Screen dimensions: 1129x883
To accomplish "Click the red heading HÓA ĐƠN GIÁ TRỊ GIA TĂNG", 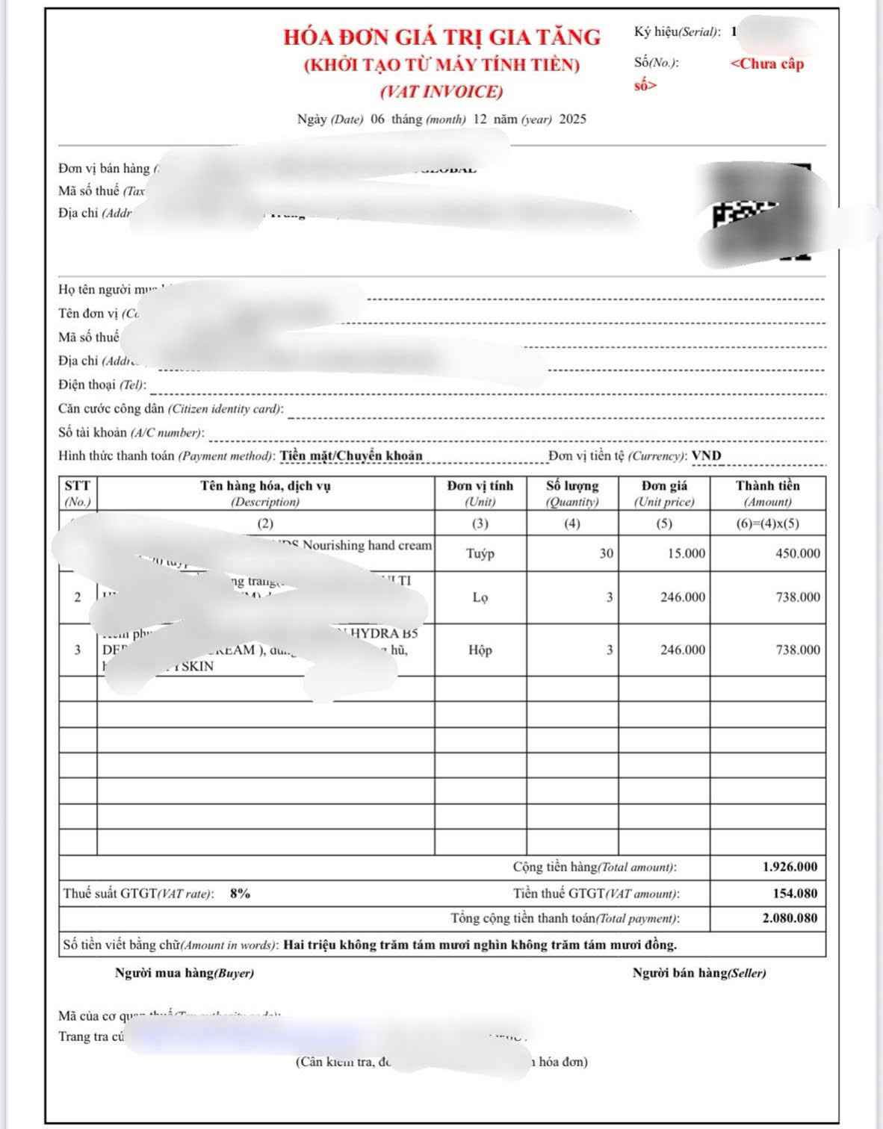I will point(441,37).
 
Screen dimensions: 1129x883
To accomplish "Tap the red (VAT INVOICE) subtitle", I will point(441,92).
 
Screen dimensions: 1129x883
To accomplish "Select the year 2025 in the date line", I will point(573,119).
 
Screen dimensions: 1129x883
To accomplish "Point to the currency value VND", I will point(706,455).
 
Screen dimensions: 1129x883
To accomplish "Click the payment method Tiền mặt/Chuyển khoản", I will point(351,455).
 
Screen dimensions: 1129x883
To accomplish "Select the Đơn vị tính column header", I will point(480,493).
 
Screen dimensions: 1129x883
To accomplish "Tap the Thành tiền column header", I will point(767,493).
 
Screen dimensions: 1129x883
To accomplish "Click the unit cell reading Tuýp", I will point(480,553).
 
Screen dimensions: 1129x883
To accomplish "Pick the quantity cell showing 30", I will point(606,553).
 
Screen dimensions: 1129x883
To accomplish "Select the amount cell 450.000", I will point(797,553).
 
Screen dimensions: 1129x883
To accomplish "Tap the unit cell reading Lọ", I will point(480,597).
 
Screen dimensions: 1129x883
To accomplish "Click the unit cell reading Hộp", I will point(480,650).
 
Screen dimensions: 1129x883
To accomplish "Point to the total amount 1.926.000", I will point(790,867).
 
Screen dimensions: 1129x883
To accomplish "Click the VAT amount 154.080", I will point(795,893).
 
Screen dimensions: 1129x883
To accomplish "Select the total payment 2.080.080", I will point(790,918).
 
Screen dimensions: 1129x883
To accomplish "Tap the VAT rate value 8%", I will point(240,893).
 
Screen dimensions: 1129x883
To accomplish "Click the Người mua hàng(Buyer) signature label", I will point(185,973).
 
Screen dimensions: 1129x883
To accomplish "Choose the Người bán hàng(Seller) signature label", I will point(699,973).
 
